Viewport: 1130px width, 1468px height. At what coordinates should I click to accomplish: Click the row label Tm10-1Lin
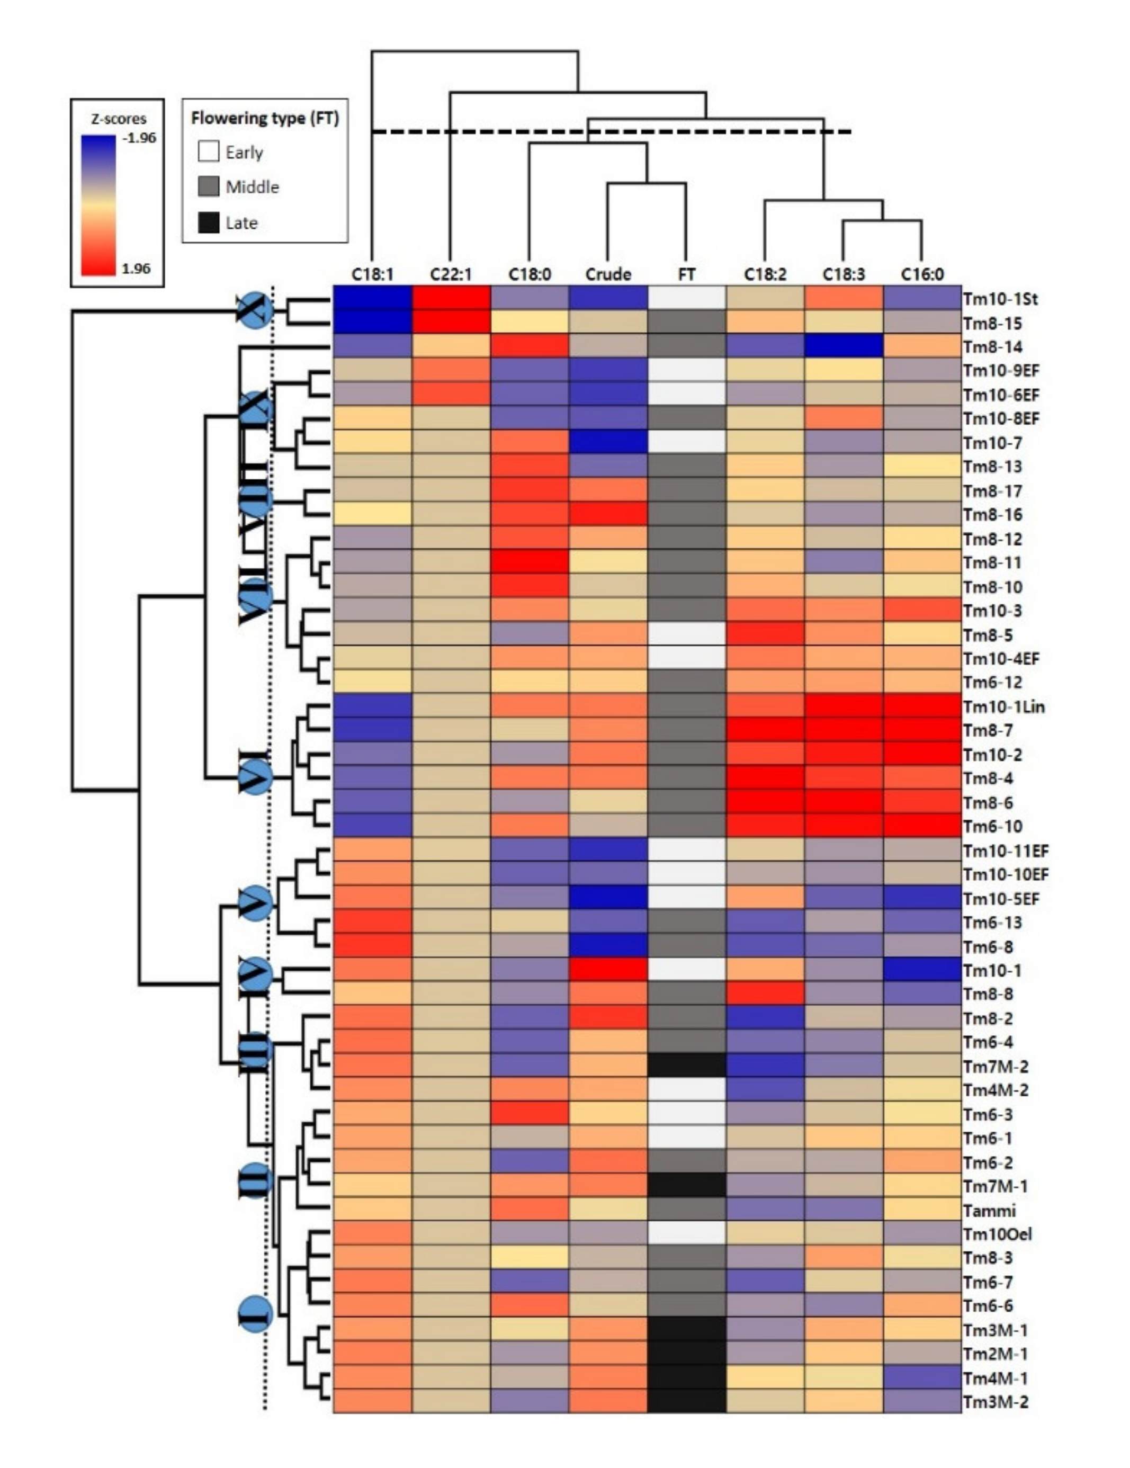coord(1003,707)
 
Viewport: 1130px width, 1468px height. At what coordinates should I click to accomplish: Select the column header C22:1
coord(451,274)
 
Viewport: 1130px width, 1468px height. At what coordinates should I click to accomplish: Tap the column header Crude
coord(608,274)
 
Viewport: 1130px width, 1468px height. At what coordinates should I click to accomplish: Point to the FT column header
coord(686,274)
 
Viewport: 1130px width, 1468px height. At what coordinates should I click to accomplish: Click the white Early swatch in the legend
coord(209,152)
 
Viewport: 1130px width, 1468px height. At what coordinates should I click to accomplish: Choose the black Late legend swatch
coord(209,222)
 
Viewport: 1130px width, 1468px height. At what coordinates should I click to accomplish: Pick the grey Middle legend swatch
coord(209,187)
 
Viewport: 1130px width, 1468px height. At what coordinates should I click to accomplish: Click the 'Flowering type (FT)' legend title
coord(265,118)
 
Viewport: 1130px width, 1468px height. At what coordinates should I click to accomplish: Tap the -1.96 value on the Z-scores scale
coord(139,138)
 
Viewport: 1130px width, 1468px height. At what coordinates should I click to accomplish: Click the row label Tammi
coord(989,1211)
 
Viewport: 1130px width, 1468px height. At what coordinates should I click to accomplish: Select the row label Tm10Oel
coord(997,1234)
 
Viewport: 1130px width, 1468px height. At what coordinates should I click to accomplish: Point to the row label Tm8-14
coord(992,347)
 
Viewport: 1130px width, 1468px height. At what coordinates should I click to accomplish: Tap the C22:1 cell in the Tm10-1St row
coord(451,299)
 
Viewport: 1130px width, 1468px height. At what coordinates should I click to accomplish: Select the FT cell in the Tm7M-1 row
coord(686,1186)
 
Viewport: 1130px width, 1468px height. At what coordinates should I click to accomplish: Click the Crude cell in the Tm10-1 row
coord(608,970)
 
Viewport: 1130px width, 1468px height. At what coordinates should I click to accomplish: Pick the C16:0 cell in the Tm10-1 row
coord(921,970)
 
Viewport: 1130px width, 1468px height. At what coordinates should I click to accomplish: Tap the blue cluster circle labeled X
coord(255,310)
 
